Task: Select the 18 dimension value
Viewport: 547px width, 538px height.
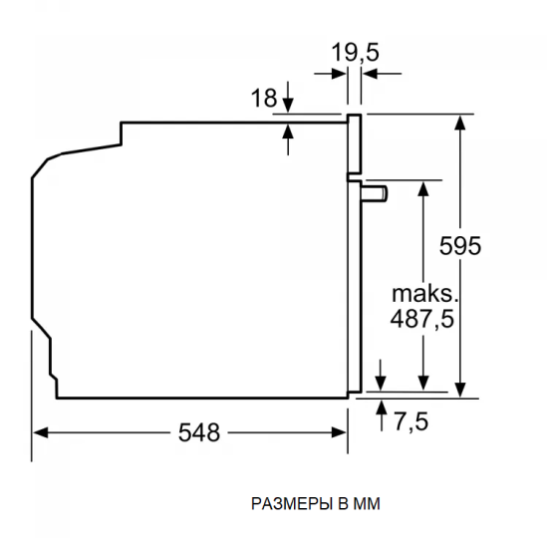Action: pos(263,98)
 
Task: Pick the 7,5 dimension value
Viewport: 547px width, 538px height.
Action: pos(409,422)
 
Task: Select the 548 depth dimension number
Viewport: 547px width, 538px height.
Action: pos(199,431)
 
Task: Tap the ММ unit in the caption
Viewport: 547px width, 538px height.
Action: pos(370,504)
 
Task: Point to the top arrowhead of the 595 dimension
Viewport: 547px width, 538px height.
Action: pos(460,123)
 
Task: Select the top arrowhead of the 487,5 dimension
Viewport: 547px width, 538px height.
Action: pos(422,187)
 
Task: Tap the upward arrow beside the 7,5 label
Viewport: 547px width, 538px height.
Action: pos(383,406)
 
